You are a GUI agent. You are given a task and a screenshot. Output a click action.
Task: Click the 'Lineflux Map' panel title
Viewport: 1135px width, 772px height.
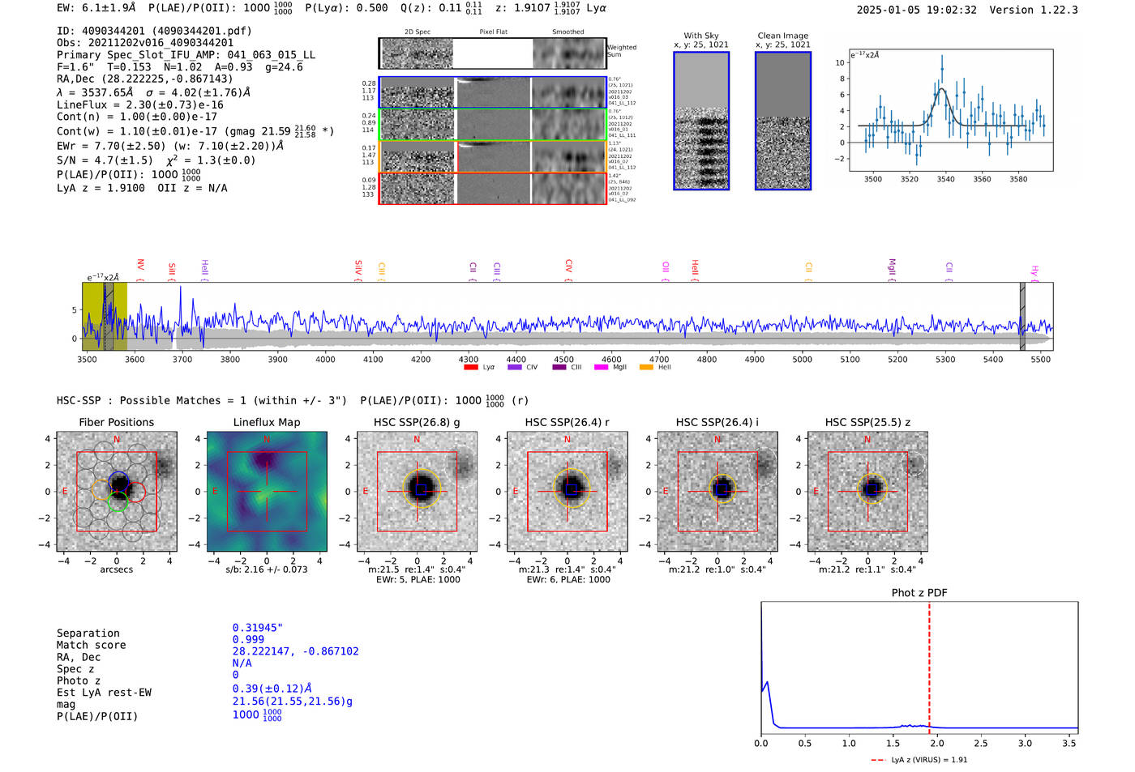[267, 422]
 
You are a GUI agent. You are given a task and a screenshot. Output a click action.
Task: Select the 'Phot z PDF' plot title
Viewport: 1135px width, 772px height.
[919, 592]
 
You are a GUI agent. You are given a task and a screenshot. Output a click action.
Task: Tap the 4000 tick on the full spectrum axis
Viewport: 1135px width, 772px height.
[325, 359]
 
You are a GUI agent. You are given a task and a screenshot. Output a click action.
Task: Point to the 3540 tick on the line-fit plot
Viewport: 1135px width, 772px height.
[945, 179]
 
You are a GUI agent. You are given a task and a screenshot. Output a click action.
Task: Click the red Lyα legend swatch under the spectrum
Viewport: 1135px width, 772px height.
[470, 367]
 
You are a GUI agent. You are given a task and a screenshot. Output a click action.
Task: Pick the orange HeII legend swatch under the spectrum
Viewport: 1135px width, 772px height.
[646, 367]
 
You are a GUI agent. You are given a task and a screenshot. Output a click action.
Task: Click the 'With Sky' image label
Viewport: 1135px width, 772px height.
[701, 36]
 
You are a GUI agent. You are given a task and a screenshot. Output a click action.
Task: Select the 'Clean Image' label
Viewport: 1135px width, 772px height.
[782, 36]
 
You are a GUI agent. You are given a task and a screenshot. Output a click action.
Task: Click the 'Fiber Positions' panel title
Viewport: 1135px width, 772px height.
[116, 422]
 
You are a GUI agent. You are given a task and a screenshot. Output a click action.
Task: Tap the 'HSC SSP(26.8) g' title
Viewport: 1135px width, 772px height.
[417, 422]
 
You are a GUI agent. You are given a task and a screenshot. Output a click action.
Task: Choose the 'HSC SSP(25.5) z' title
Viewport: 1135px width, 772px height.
[867, 422]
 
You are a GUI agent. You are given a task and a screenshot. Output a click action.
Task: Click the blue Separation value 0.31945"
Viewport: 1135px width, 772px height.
[257, 628]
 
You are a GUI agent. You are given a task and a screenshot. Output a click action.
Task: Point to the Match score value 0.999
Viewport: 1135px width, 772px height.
[248, 639]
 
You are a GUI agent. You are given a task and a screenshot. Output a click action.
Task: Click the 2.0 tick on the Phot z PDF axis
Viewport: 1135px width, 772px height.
[936, 743]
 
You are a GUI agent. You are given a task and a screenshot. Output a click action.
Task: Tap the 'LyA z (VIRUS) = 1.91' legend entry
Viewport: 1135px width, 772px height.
[928, 760]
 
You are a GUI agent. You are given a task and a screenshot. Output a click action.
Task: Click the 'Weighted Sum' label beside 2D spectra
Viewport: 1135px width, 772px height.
[621, 51]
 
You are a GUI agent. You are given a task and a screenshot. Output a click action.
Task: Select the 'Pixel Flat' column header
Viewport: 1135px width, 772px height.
[493, 32]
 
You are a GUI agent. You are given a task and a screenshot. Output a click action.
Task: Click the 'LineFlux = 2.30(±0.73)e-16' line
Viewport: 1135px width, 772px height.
[140, 104]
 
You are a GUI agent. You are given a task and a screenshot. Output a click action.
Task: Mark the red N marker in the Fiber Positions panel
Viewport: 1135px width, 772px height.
[117, 439]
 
